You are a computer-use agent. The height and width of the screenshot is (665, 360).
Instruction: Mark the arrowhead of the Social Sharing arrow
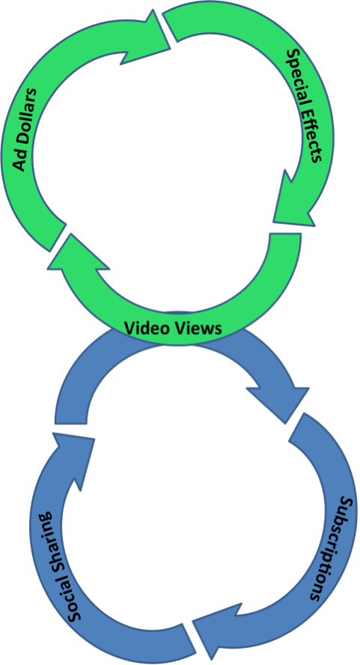pos(73,458)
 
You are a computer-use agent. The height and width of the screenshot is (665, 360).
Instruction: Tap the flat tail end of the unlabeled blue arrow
pos(71,423)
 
